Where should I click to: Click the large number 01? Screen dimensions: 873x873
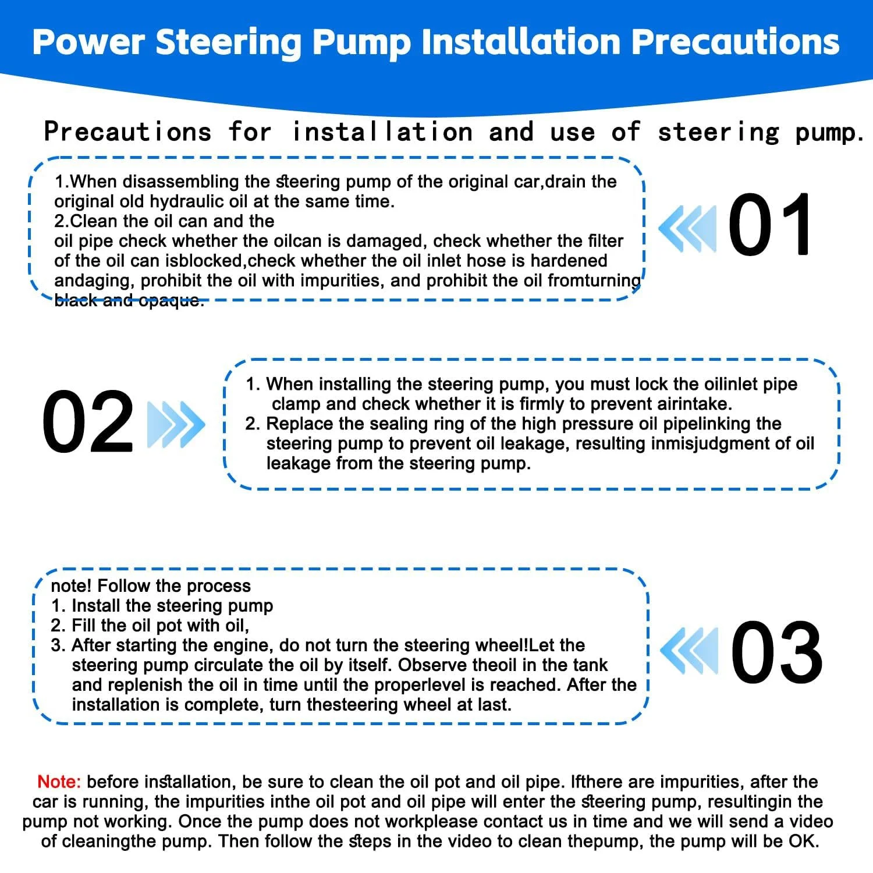pyautogui.click(x=769, y=225)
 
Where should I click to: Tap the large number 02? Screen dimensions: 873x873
pyautogui.click(x=88, y=422)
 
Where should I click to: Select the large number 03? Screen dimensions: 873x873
pyautogui.click(x=776, y=652)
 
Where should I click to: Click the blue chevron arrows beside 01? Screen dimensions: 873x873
pyautogui.click(x=688, y=229)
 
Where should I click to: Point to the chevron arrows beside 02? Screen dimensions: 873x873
pyautogui.click(x=176, y=424)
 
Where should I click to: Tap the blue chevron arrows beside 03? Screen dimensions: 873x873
pyautogui.click(x=690, y=651)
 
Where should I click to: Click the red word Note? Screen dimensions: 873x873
pyautogui.click(x=59, y=782)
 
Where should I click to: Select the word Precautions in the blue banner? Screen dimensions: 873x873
pyautogui.click(x=735, y=42)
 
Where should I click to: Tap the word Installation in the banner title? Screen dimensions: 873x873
pyautogui.click(x=521, y=42)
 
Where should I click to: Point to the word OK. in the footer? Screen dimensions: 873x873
pyautogui.click(x=804, y=841)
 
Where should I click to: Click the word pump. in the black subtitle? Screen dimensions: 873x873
pyautogui.click(x=829, y=133)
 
